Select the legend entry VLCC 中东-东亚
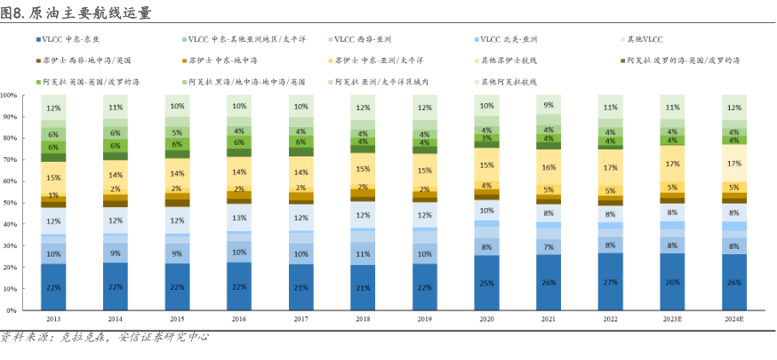pyautogui.click(x=70, y=40)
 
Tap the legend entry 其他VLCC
pyautogui.click(x=645, y=40)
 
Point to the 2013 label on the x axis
pyautogui.click(x=53, y=319)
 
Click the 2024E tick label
pyautogui.click(x=734, y=319)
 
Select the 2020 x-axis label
pyautogui.click(x=486, y=319)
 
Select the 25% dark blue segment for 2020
pyautogui.click(x=486, y=284)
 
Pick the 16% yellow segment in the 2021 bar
pyautogui.click(x=549, y=167)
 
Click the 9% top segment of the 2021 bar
pyautogui.click(x=549, y=105)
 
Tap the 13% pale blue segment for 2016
pyautogui.click(x=239, y=217)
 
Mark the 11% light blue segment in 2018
pyautogui.click(x=363, y=254)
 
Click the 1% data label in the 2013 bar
pyautogui.click(x=53, y=196)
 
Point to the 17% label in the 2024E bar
pyautogui.click(x=734, y=164)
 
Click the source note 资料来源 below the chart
pyautogui.click(x=107, y=338)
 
